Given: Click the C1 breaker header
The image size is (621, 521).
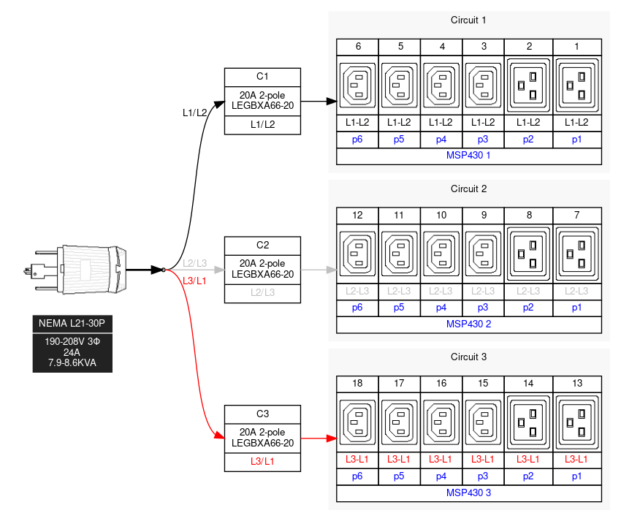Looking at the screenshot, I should (262, 77).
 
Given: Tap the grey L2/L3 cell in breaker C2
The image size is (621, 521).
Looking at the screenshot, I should (262, 292).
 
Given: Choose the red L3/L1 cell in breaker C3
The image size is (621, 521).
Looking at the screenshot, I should (262, 461).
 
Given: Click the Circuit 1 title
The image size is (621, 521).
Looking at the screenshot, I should (468, 20).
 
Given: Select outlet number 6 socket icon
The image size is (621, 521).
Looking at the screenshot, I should (358, 85).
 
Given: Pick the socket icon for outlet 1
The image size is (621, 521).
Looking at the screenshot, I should (577, 85).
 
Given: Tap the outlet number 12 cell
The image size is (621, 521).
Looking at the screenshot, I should (358, 216).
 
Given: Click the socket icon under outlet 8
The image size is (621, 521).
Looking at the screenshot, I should (529, 254).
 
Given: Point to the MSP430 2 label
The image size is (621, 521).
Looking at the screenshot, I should (468, 324).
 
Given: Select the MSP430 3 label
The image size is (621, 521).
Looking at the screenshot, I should (468, 493).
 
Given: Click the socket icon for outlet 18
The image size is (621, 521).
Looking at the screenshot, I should (358, 422).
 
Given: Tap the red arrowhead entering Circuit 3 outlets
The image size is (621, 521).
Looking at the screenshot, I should (331, 438).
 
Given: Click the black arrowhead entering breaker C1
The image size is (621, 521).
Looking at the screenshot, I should (219, 102).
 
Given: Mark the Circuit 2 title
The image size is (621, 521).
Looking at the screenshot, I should (468, 189).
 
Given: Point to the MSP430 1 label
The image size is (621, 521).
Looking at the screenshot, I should (468, 156).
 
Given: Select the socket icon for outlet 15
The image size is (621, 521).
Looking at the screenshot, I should (483, 422).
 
